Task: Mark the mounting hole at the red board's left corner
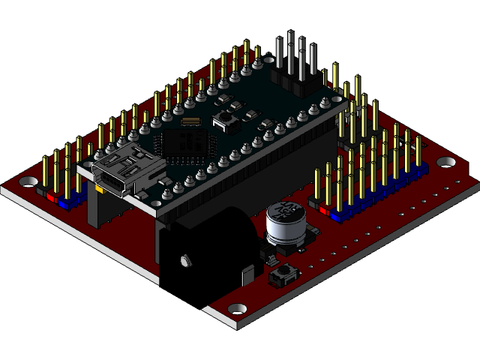(28, 181)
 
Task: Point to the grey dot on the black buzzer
(183, 260)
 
